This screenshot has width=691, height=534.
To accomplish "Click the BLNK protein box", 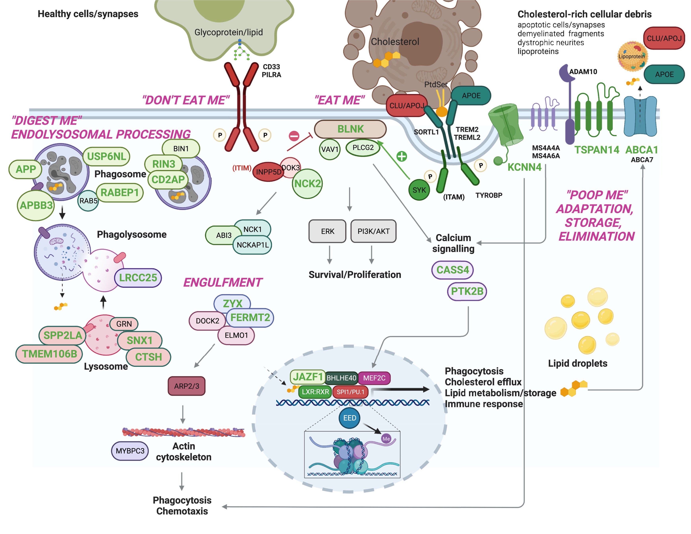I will tap(350, 129).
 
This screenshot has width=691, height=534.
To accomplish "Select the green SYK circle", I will tap(419, 190).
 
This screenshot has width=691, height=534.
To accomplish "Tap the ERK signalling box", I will tap(327, 231).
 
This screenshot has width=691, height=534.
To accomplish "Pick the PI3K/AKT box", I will tap(373, 231).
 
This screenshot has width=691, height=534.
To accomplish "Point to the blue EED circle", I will tap(350, 418).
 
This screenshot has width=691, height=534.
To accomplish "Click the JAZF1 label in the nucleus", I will tap(307, 377).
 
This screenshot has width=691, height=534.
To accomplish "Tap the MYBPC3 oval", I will tap(130, 451).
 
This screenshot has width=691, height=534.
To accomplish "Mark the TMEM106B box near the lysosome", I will tap(49, 354).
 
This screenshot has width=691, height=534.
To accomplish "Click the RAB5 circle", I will tap(88, 201).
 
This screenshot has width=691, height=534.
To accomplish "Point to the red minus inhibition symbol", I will tap(294, 136).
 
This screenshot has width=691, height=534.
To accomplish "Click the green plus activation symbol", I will tap(402, 156).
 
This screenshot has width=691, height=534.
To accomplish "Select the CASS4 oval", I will tap(452, 270).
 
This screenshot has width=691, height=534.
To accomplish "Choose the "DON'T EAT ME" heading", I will tap(186, 100).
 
